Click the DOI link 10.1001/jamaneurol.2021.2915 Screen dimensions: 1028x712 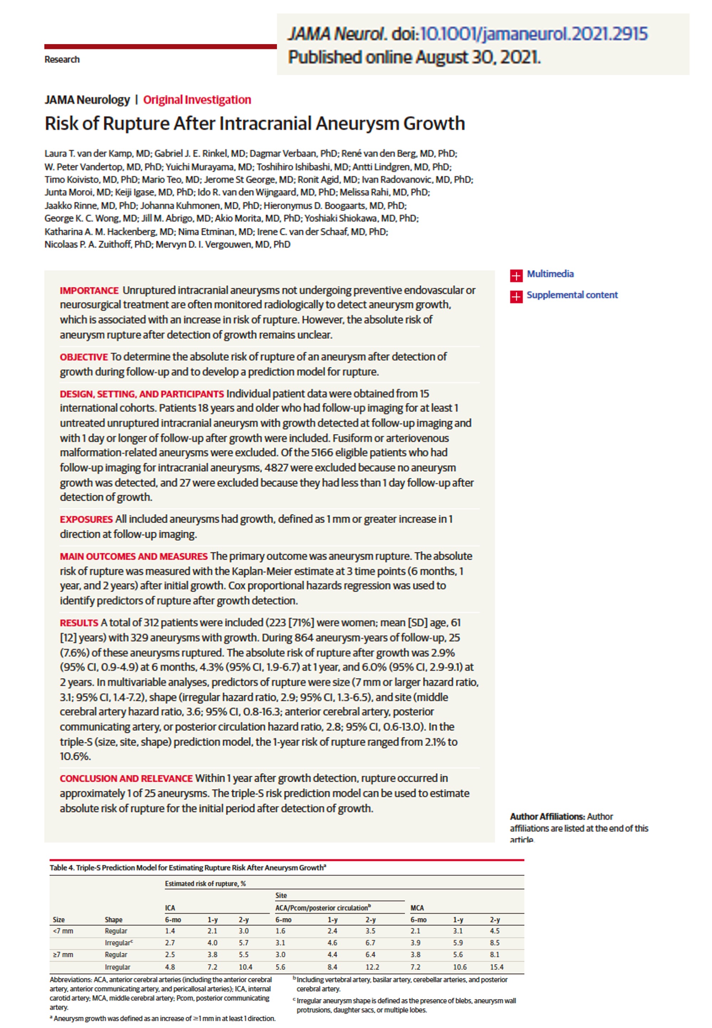point(534,34)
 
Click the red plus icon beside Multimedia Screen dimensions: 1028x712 point(516,275)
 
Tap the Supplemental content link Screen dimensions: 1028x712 point(572,295)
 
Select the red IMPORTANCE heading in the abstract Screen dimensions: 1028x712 point(89,291)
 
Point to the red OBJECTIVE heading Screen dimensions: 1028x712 point(84,357)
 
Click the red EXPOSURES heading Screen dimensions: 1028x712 point(86,520)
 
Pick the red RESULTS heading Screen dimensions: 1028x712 point(79,623)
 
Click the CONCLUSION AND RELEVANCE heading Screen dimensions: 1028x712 point(126,778)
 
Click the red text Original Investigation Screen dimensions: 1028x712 point(197,100)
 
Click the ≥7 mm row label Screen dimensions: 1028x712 point(63,954)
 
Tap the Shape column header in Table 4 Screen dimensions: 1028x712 point(113,920)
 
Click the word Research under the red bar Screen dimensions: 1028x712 point(62,60)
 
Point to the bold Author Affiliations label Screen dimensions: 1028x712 point(547,816)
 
